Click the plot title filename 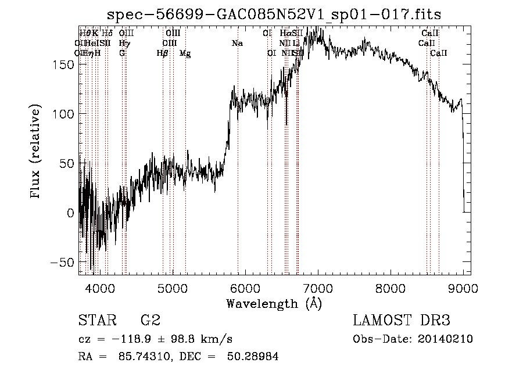278,16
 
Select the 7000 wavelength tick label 317,288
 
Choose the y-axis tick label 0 70,213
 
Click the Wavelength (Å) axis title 274,303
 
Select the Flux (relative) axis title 37,152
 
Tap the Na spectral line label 237,44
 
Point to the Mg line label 185,53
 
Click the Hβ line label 163,53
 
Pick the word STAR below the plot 96,321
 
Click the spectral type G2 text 150,321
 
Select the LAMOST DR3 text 402,321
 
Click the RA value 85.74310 148,357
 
